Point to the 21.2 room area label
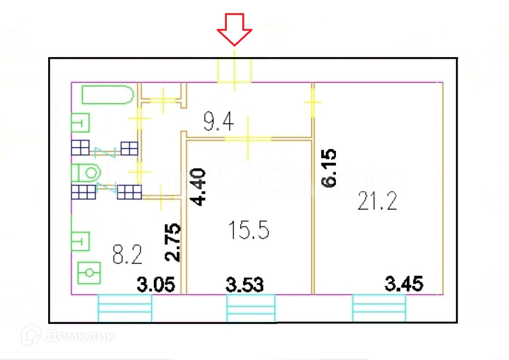click(x=377, y=201)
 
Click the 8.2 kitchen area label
click(x=127, y=254)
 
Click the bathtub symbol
click(x=108, y=94)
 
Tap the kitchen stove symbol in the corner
click(x=88, y=274)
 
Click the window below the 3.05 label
click(x=125, y=308)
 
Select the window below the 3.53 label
click(x=251, y=308)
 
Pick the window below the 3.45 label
click(x=379, y=308)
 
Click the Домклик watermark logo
click(x=68, y=336)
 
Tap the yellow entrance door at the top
click(x=235, y=71)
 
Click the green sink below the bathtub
click(x=80, y=122)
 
